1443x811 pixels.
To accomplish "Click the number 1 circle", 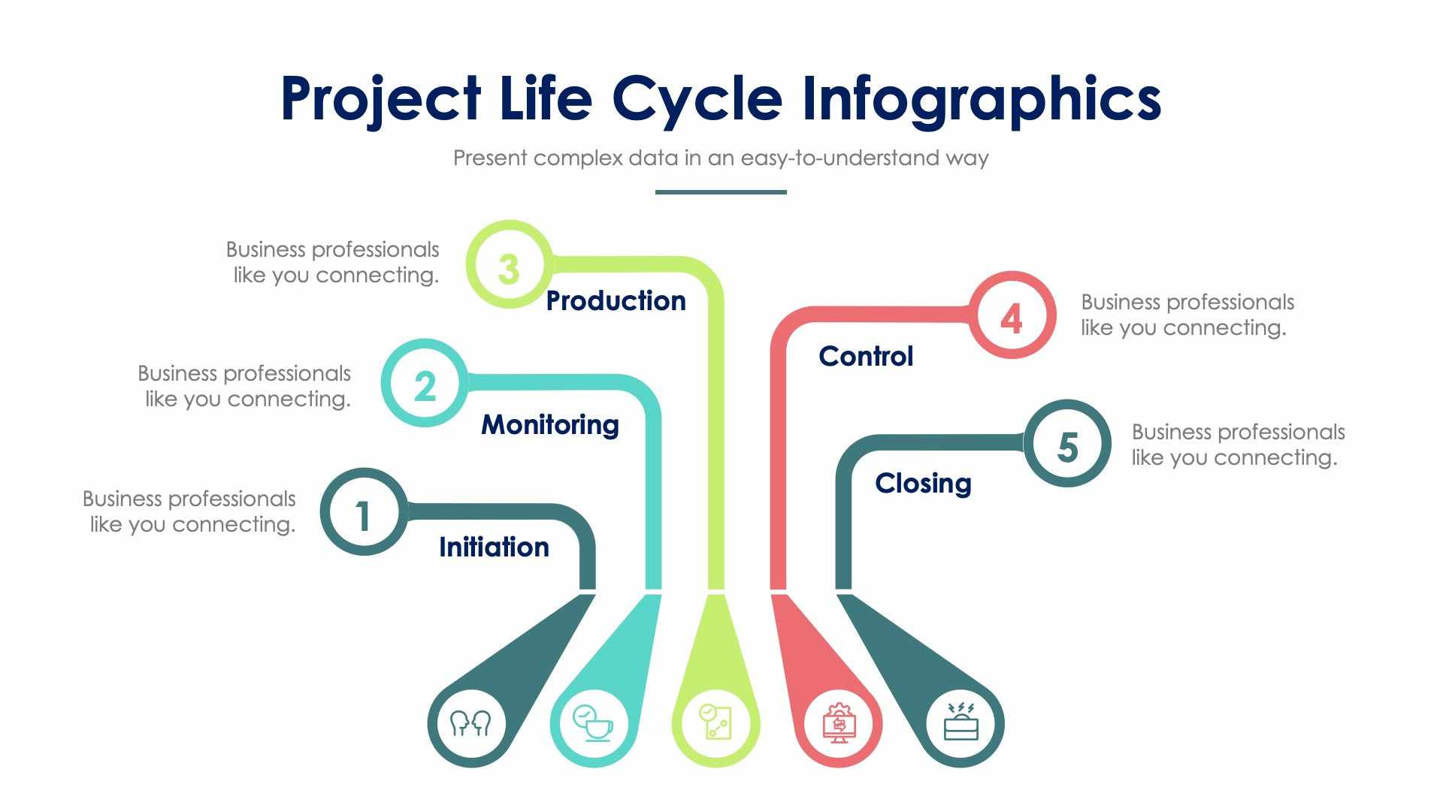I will tap(364, 513).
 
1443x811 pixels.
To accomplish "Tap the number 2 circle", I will tap(425, 384).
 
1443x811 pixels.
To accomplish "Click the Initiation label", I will tap(494, 547).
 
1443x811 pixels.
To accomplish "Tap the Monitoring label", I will tap(550, 425).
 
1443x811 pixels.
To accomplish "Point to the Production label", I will tap(616, 301).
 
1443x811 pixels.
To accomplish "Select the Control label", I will tap(866, 357).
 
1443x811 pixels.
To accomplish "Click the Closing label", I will tap(923, 484).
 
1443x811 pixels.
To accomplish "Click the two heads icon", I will tap(470, 724).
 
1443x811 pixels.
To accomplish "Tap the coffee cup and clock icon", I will tap(592, 723).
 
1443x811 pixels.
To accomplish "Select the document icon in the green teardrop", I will tap(715, 722).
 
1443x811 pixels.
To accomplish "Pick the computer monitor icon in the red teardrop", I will tap(839, 723).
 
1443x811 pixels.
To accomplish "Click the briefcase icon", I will tap(960, 722).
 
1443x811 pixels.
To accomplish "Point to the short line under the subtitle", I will tap(720, 192).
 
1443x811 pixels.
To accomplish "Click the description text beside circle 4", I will tap(1187, 315).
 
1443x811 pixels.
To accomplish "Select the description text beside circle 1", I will tap(189, 511).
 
